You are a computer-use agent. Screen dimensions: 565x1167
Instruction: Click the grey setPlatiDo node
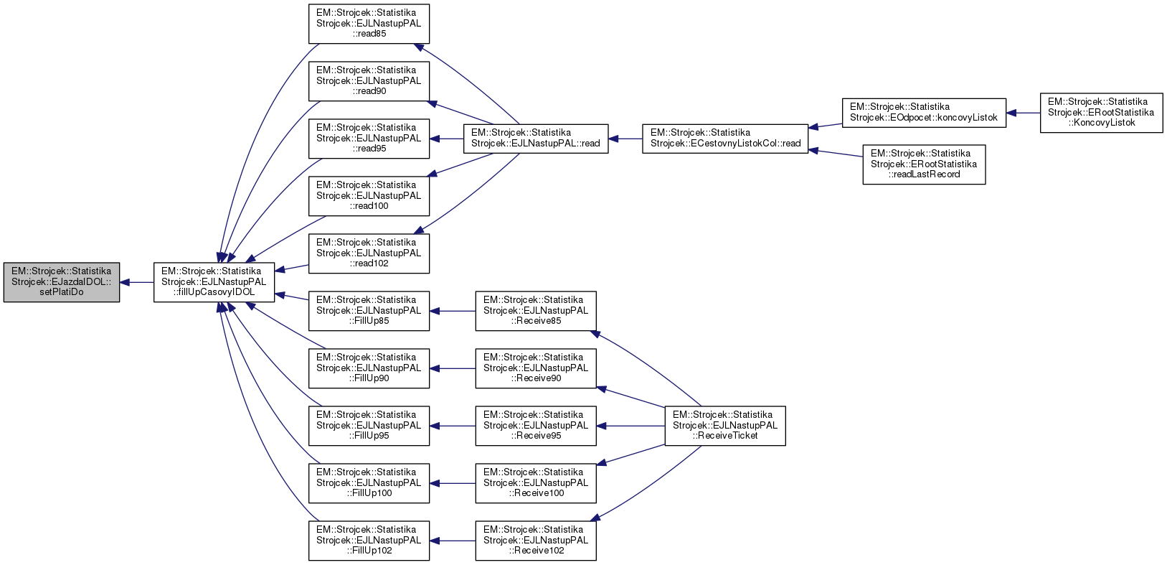click(x=62, y=282)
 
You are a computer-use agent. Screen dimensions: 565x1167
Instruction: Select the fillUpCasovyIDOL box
click(x=214, y=282)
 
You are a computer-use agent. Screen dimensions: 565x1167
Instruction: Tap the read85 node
click(x=369, y=24)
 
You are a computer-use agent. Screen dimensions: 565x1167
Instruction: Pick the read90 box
click(x=369, y=81)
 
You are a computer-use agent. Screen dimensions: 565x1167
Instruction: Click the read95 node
click(x=369, y=139)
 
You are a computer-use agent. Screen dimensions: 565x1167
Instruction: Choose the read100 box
click(x=369, y=196)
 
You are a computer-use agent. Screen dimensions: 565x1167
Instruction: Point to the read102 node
click(x=369, y=253)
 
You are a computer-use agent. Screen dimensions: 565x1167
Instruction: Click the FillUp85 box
click(x=369, y=311)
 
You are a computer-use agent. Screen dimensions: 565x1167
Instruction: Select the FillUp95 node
click(x=369, y=426)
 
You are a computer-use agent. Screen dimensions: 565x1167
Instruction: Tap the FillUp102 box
click(x=369, y=541)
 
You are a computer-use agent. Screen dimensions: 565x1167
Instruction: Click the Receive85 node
click(x=536, y=311)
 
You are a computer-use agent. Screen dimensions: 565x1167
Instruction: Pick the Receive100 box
click(x=536, y=483)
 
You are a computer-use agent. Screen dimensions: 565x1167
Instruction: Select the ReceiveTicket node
click(x=725, y=426)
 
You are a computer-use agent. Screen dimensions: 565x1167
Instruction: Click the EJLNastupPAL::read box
click(x=536, y=139)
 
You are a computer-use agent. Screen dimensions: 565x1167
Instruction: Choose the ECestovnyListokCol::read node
click(x=725, y=139)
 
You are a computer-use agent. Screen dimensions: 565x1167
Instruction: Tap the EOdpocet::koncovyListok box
click(x=924, y=113)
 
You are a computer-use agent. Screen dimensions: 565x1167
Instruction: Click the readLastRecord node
click(x=924, y=164)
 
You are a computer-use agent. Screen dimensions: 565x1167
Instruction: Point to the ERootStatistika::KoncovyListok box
click(x=1101, y=113)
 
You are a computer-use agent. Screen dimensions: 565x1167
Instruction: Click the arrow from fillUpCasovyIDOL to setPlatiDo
click(x=136, y=282)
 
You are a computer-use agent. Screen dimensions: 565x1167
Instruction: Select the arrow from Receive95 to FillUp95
click(x=453, y=426)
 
